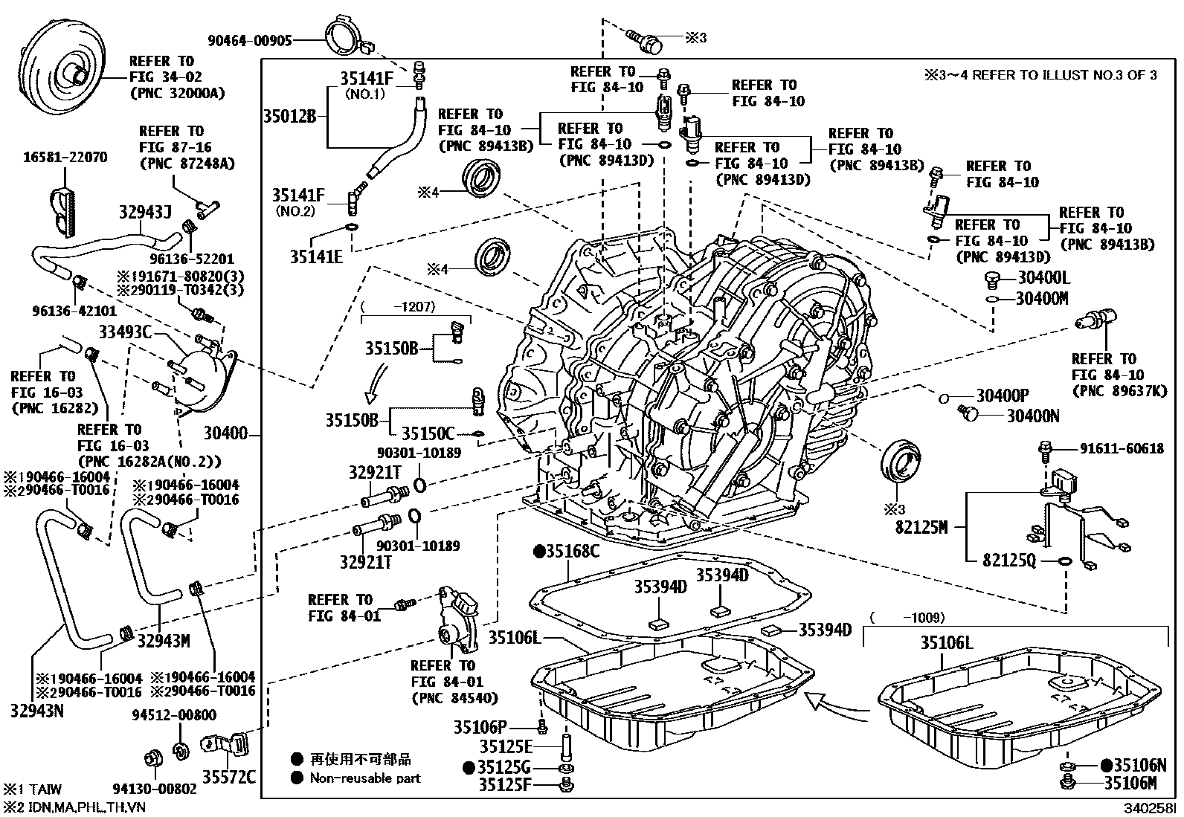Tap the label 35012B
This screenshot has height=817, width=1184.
click(x=289, y=116)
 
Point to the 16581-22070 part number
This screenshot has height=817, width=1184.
click(x=65, y=157)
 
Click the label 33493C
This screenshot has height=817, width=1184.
click(x=125, y=332)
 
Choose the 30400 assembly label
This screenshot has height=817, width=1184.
click(x=225, y=432)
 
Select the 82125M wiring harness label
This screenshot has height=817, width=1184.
click(x=921, y=527)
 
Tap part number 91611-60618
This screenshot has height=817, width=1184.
click(x=1122, y=448)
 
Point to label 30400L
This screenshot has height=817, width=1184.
click(x=1042, y=278)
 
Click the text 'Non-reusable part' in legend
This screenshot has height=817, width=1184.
click(x=364, y=778)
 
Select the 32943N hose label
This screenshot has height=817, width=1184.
click(x=37, y=711)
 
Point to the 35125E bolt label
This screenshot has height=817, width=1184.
click(x=506, y=746)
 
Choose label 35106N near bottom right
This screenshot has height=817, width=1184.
click(x=1139, y=766)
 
